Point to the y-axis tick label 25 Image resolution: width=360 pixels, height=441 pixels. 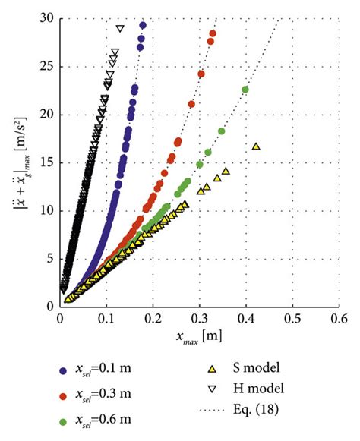pos(46,67)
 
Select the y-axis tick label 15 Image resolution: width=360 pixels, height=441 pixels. pos(46,162)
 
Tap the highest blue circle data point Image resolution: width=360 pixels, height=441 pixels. pos(143,26)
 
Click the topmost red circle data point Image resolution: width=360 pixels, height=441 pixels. pos(213,33)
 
